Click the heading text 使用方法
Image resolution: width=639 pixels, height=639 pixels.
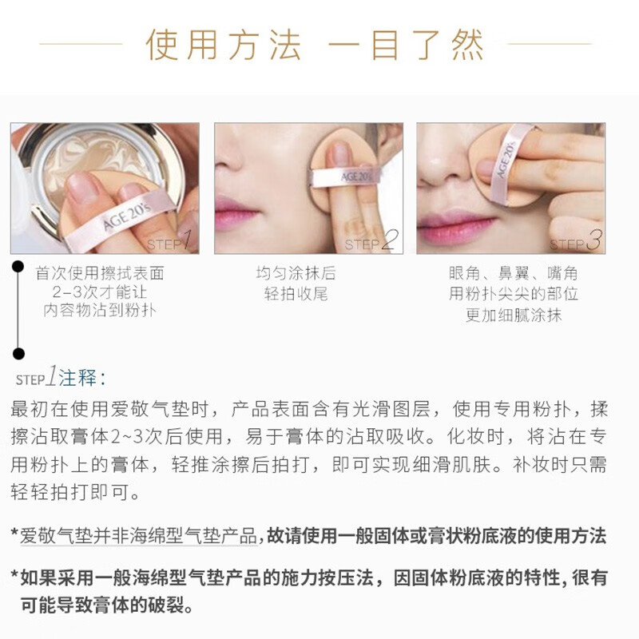(x=224, y=45)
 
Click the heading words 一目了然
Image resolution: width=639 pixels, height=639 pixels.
(x=406, y=45)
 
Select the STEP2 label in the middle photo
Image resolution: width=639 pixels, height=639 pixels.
(x=371, y=240)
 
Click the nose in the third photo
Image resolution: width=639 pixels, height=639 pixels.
(x=443, y=163)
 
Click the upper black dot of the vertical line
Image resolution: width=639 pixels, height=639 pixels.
(x=18, y=267)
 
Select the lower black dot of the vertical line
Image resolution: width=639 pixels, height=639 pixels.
(x=18, y=353)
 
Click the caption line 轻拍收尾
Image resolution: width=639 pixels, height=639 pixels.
(x=296, y=293)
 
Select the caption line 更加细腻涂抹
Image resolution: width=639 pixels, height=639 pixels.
(x=514, y=315)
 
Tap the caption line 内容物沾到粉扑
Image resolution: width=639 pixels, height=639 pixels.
(x=100, y=311)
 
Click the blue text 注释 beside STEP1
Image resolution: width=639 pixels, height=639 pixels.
(x=77, y=378)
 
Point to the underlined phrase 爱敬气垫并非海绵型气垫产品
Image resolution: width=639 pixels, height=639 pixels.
(x=138, y=535)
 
